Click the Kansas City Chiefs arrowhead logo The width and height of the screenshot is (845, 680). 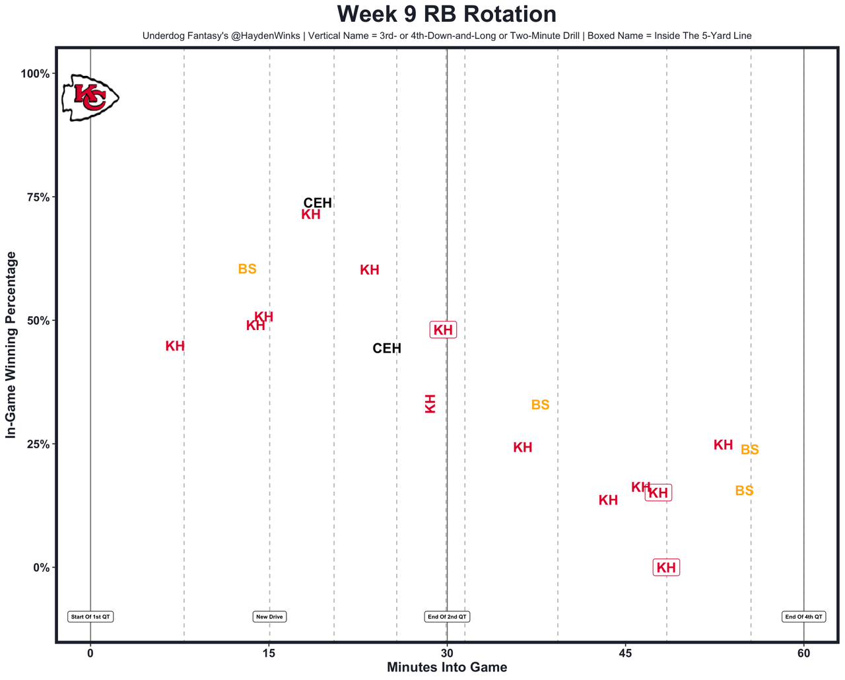90,98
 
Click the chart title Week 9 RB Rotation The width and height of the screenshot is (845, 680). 446,15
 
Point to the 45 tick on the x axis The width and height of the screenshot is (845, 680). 625,654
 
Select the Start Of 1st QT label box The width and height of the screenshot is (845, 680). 90,617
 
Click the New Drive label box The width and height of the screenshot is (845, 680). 269,617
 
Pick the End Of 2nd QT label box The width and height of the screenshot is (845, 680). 447,617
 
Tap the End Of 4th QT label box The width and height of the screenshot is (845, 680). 803,617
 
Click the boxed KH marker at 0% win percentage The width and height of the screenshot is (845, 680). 666,567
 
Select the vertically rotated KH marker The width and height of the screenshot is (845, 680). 430,403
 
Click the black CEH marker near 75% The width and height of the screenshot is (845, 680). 318,203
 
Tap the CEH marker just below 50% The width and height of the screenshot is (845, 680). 387,349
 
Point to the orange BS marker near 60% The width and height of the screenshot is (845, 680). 247,269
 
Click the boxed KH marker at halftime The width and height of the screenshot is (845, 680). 443,330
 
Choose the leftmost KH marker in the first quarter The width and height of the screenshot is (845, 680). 175,346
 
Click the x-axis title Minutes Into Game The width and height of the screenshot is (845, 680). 447,667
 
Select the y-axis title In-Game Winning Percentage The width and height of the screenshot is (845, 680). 11,345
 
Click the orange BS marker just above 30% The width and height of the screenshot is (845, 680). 540,405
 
